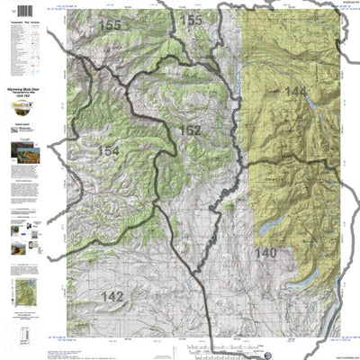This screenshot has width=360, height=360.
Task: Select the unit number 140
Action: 265,253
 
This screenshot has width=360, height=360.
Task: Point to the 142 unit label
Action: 112,296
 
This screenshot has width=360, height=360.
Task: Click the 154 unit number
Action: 107,151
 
